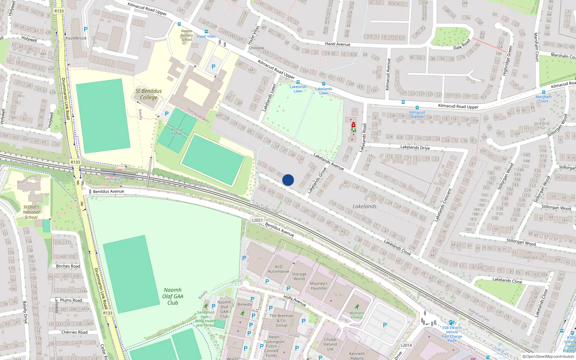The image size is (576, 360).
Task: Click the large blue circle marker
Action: tap(288, 180)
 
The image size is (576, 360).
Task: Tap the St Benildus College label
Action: tap(148, 94)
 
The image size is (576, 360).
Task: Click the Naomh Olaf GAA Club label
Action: tap(173, 296)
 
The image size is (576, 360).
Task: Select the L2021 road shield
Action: tap(257, 220)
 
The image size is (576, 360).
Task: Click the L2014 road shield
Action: tap(406, 345)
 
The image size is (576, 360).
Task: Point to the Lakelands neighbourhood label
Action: tap(364, 206)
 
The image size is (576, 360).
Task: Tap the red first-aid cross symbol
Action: tap(354, 125)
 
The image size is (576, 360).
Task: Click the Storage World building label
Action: tap(299, 276)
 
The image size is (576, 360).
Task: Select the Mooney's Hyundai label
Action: tap(319, 286)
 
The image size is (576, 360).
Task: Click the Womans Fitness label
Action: tap(357, 315)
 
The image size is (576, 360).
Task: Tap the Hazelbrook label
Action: tap(76, 38)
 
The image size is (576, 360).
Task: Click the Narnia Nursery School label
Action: tap(186, 35)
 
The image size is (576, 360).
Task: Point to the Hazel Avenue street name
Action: tap(337, 44)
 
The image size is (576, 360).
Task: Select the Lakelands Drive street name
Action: tap(415, 147)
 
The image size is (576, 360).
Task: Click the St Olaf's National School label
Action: tap(31, 212)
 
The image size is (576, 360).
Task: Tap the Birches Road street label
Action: tap(68, 266)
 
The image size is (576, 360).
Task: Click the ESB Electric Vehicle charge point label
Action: tap(452, 334)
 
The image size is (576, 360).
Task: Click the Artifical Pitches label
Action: tap(177, 131)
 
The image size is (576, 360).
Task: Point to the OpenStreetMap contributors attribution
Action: tap(548, 356)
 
